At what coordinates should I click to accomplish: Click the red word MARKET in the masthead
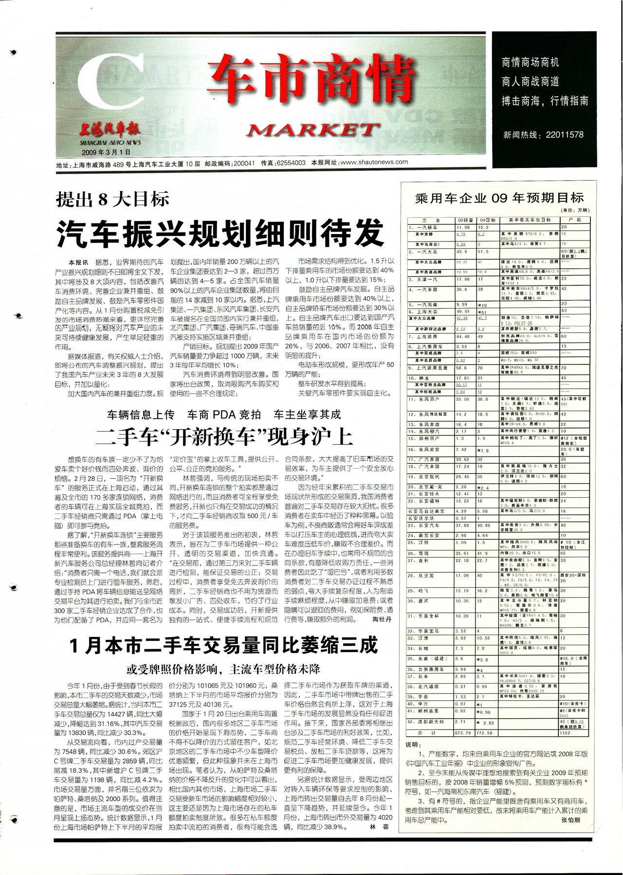click(313, 130)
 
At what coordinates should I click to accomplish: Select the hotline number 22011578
click(564, 135)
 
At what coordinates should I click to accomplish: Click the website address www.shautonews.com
click(374, 162)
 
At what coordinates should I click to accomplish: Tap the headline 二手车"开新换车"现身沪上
click(224, 437)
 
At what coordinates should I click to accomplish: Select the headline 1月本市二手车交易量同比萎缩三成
click(223, 646)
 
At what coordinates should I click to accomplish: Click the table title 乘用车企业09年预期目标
click(499, 198)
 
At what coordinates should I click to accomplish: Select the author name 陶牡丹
click(382, 620)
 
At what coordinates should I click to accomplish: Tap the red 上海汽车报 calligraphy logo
click(110, 129)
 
